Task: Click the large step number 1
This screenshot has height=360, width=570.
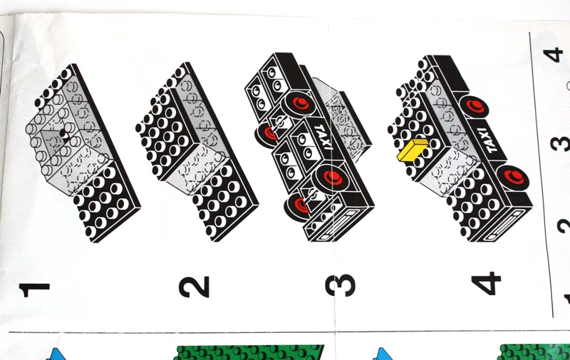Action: tap(34, 289)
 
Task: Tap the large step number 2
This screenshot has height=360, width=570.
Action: tap(194, 287)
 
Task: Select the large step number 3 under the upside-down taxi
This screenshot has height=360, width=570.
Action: tap(341, 285)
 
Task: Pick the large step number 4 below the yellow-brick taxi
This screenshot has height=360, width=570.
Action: tap(486, 283)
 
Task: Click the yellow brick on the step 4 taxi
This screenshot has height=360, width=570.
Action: tap(413, 150)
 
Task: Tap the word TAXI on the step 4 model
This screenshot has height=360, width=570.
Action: tap(488, 140)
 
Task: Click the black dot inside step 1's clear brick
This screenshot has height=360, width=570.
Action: tap(64, 134)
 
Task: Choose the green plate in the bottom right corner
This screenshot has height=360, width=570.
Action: tap(534, 352)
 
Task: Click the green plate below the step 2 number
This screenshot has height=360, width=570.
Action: tap(250, 352)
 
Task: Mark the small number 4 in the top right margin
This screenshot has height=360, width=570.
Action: tap(554, 56)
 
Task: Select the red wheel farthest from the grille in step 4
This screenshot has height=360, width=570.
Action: tap(474, 106)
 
